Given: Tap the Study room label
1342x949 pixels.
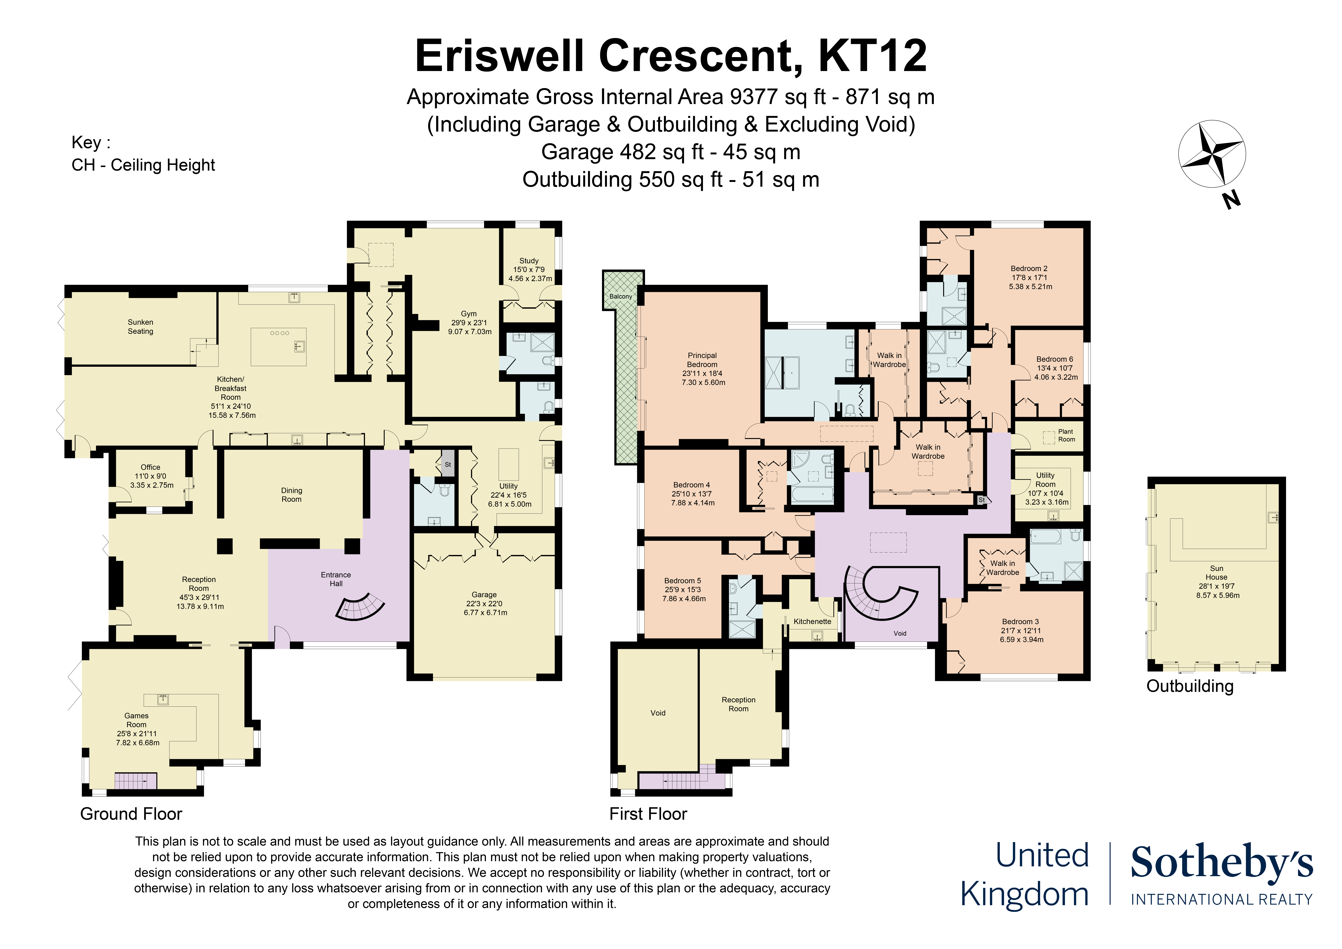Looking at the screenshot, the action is [x=529, y=261].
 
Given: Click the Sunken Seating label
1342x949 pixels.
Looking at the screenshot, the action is [x=140, y=326].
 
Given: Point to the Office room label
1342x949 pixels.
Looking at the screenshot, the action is [x=150, y=467].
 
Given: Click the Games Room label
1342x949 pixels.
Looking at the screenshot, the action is [x=136, y=720].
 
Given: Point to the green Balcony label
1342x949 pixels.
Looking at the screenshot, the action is [x=621, y=296].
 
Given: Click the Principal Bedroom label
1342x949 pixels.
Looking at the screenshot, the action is [x=702, y=360].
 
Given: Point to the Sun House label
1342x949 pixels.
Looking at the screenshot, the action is [x=1216, y=572].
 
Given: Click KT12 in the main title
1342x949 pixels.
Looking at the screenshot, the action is [x=873, y=56].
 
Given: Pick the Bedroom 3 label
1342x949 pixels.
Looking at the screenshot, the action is [x=1020, y=622].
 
